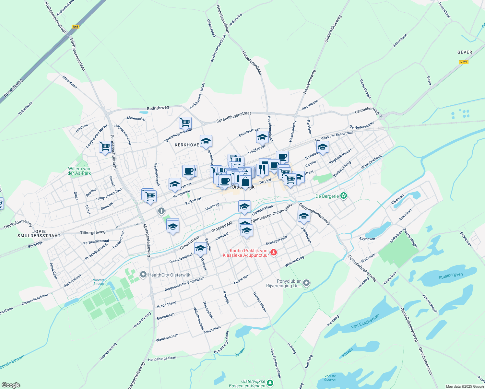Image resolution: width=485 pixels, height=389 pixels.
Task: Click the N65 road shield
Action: (x=76, y=27)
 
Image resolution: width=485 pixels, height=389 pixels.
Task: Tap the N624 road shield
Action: (x=464, y=62)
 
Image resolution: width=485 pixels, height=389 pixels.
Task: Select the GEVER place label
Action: (x=465, y=52)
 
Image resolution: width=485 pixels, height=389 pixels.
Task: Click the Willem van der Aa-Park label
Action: (x=79, y=171)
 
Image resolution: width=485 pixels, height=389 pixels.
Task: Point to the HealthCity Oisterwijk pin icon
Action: (x=143, y=275)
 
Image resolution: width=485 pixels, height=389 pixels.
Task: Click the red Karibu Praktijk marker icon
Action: (x=273, y=252)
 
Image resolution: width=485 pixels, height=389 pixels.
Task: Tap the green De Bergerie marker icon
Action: (x=344, y=196)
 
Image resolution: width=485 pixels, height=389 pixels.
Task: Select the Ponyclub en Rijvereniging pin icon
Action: (x=306, y=283)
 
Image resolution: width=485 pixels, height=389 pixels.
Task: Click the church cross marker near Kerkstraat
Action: (x=161, y=211)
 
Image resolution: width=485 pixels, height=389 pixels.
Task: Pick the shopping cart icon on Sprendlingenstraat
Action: (x=185, y=123)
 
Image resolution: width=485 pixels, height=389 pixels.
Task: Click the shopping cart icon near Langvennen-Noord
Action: (x=105, y=147)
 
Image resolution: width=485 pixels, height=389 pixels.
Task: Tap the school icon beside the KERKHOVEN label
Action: (x=206, y=141)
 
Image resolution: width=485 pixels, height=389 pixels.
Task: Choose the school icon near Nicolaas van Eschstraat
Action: (x=323, y=147)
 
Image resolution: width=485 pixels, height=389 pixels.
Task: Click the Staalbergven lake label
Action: (x=450, y=276)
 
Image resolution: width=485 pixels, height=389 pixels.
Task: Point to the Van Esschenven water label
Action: (x=365, y=321)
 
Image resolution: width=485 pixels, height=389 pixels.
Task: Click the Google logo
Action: (x=11, y=385)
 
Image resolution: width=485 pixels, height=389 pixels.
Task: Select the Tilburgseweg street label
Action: (x=93, y=232)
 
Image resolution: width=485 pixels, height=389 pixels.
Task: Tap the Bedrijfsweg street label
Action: (x=158, y=108)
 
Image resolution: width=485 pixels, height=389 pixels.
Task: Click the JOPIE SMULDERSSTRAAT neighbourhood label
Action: (x=39, y=233)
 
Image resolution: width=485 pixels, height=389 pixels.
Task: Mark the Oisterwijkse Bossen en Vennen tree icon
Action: (x=270, y=383)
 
